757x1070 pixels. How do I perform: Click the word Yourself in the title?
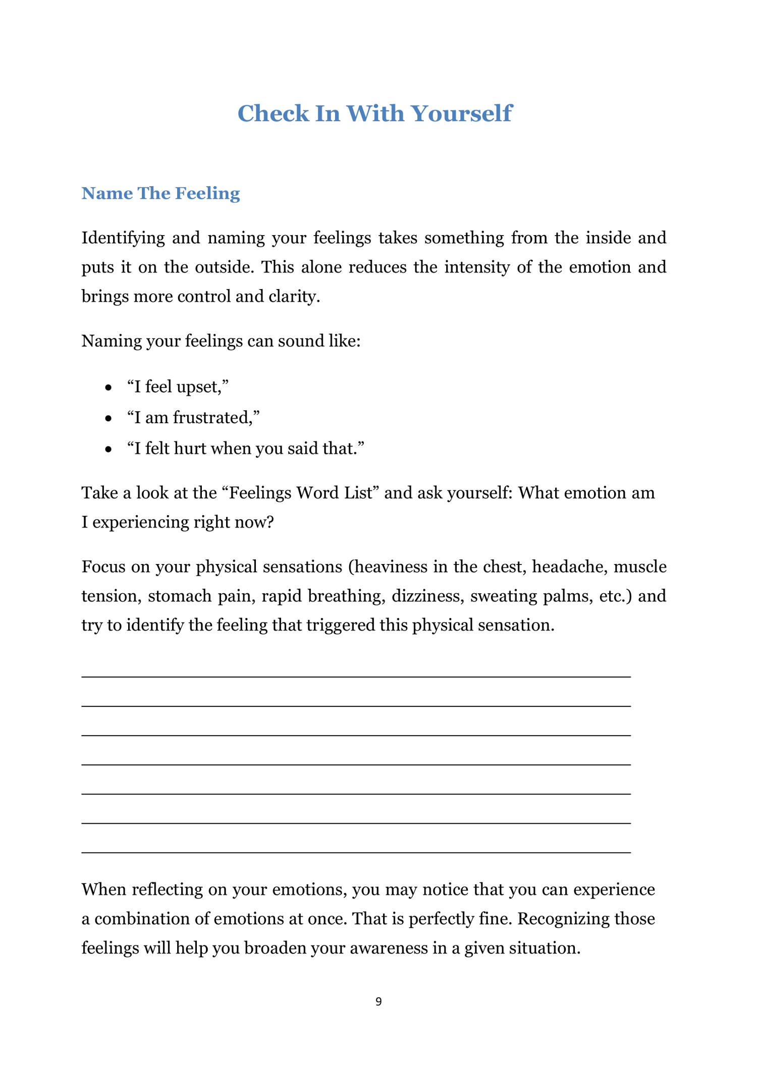pyautogui.click(x=461, y=114)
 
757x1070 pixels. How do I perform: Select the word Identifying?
pyautogui.click(x=123, y=238)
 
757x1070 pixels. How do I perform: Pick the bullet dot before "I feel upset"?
pyautogui.click(x=108, y=388)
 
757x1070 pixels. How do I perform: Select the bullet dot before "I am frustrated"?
pyautogui.click(x=108, y=419)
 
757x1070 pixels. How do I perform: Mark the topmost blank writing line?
pyautogui.click(x=356, y=677)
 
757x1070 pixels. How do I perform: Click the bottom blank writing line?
pyautogui.click(x=356, y=852)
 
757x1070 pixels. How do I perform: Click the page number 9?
pyautogui.click(x=379, y=1002)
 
